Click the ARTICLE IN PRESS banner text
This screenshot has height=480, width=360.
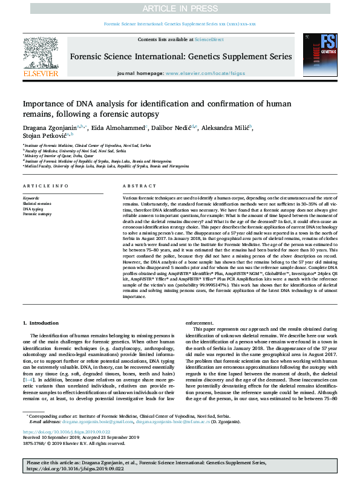pyautogui.click(x=180, y=8)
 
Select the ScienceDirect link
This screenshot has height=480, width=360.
pyautogui.click(x=209, y=39)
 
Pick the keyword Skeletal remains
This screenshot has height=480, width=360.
pyautogui.click(x=37, y=204)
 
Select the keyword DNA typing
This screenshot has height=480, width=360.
pyautogui.click(x=33, y=209)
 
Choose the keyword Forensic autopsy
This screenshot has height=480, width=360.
pyautogui.click(x=37, y=214)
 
